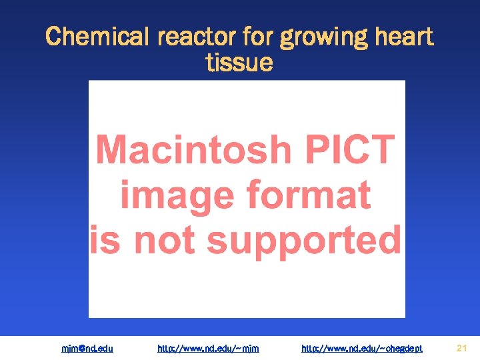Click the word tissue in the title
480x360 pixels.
tap(240, 63)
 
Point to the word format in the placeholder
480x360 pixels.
tap(308, 195)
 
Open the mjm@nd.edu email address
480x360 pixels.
tap(87, 348)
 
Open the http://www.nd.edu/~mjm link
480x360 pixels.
tap(208, 348)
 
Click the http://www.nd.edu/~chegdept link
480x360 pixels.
tap(362, 348)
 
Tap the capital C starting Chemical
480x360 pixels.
tap(53, 36)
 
